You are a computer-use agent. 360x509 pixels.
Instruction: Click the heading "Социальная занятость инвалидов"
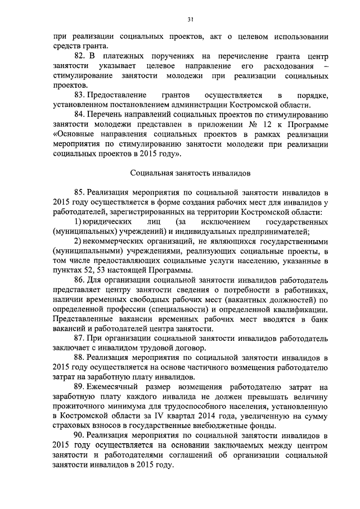[190, 174]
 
